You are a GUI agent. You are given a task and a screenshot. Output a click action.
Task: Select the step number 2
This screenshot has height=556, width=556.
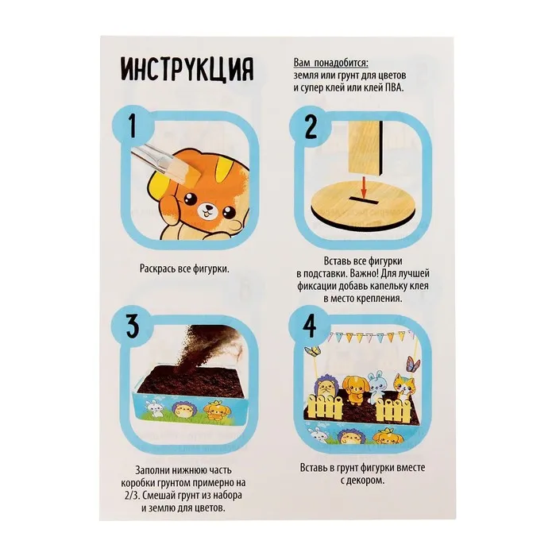(x=311, y=127)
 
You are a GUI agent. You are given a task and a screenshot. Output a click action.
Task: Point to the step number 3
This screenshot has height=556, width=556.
(x=133, y=326)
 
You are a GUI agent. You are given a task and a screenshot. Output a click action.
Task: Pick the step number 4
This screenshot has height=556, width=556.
(x=311, y=326)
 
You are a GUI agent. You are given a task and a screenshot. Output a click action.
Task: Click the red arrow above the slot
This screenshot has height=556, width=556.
(x=363, y=186)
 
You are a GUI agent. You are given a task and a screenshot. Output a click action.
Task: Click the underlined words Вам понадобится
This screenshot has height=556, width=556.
(x=331, y=63)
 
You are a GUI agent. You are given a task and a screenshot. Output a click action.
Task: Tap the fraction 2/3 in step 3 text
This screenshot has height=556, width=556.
(x=131, y=496)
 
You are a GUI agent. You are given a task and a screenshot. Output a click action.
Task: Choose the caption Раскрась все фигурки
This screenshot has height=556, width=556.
(x=184, y=268)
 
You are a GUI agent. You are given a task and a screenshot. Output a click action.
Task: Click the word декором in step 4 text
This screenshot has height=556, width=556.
(x=366, y=481)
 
